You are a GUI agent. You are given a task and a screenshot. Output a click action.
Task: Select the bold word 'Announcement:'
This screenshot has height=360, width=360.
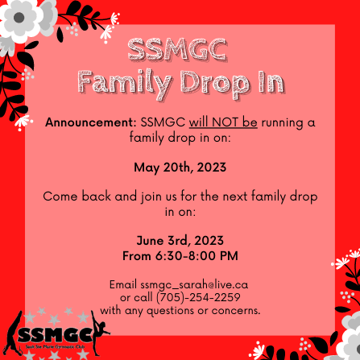(90, 122)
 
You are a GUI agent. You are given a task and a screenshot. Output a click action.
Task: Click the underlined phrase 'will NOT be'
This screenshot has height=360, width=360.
(223, 122)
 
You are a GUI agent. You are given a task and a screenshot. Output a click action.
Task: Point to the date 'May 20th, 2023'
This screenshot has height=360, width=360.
(180, 168)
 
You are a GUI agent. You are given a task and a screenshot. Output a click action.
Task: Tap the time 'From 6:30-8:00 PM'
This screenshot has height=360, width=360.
(180, 256)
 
